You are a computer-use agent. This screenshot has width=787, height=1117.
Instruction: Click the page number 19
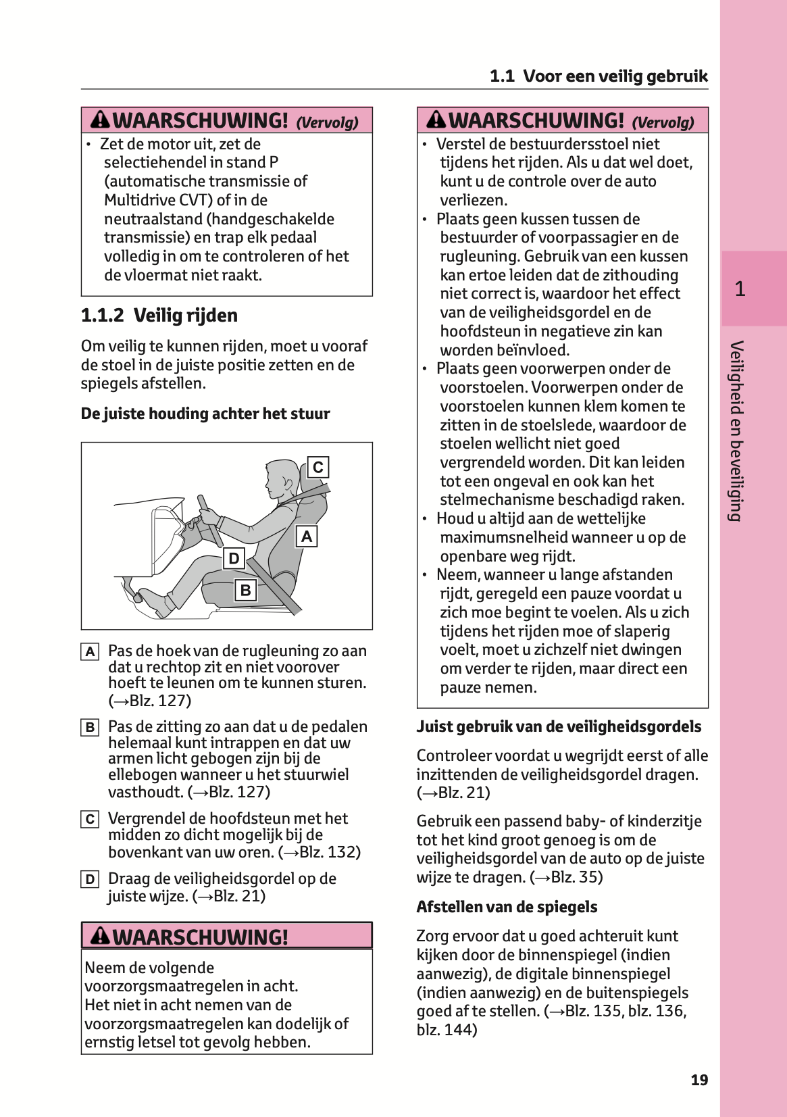point(699,1080)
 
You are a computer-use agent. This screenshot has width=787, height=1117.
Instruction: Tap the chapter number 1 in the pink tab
point(740,289)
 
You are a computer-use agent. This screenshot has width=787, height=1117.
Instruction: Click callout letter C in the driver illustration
point(318,468)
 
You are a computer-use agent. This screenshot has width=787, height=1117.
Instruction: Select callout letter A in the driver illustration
point(307,537)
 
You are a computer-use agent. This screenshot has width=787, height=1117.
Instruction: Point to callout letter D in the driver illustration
point(234,558)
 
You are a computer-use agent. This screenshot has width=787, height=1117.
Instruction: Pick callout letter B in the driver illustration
point(245,590)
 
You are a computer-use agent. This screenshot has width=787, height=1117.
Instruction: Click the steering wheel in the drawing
point(209,520)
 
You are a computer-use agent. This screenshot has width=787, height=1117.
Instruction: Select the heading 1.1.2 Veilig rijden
point(159,316)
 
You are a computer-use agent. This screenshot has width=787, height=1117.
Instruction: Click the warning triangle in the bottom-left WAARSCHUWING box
point(100,936)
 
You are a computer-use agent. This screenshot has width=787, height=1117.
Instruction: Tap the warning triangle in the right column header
point(436,120)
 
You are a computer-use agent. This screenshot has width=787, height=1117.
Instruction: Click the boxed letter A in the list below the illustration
point(90,652)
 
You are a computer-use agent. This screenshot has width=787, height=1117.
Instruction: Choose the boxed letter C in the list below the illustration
point(90,820)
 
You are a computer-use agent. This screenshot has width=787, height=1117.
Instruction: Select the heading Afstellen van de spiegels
point(507,907)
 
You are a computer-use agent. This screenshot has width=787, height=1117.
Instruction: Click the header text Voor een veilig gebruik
point(615,76)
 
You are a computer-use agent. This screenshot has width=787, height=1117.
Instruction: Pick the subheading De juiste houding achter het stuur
point(205,414)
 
